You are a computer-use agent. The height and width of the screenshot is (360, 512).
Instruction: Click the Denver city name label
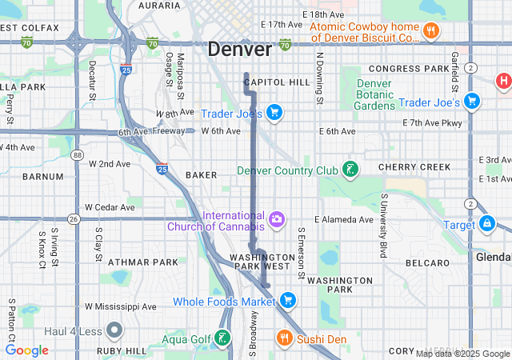[239, 49]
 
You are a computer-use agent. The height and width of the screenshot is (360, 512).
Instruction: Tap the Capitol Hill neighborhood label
[277, 82]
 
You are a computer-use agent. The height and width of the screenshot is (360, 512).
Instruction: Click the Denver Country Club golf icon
[350, 170]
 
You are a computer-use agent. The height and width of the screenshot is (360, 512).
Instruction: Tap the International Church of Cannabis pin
[277, 219]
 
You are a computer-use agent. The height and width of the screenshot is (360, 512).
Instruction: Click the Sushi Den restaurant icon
[284, 339]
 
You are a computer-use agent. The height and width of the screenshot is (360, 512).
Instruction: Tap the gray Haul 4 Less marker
[114, 330]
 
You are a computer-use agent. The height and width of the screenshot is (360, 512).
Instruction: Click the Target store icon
[486, 225]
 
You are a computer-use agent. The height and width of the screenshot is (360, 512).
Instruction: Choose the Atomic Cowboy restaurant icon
[430, 31]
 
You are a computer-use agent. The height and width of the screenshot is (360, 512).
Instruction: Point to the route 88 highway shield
[77, 155]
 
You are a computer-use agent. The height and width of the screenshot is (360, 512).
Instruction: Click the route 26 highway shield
[73, 218]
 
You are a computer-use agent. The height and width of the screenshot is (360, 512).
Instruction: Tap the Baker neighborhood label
[201, 174]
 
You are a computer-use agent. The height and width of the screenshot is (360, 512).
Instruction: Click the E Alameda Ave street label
[344, 219]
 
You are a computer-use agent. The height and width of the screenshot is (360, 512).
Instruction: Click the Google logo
[27, 350]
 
